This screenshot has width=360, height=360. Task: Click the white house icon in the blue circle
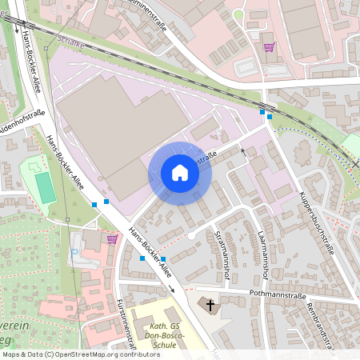coord(180,172)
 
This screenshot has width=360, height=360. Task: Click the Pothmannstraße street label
coord(271,294)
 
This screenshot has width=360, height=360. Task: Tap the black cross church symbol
coord(211,305)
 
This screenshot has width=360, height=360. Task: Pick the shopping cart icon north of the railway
coord(269,46)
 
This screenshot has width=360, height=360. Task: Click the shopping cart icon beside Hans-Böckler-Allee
coord(111,238)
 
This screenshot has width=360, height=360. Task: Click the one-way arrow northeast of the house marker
coord(244,150)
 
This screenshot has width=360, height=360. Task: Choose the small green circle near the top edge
coord(238,14)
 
